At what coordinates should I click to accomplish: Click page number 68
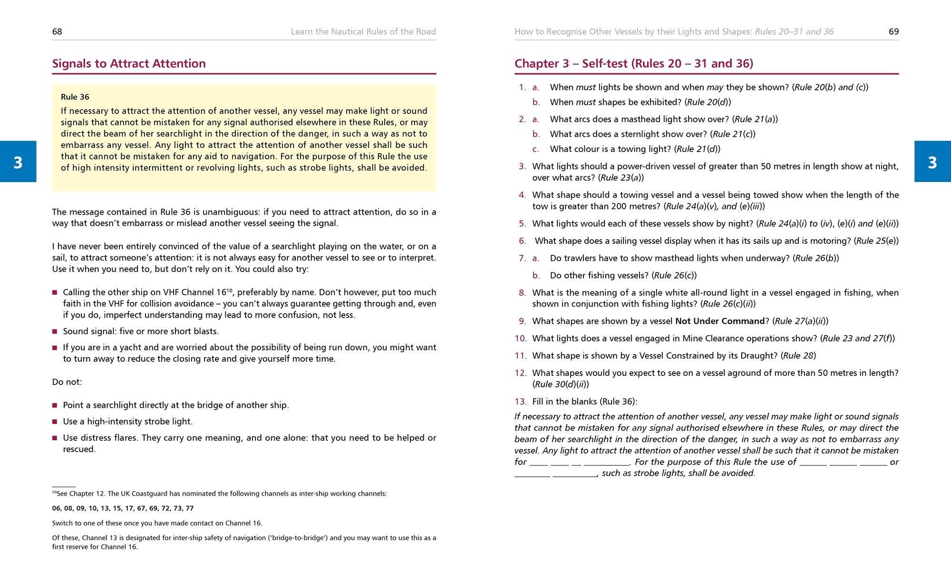coord(57,32)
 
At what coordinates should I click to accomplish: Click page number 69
coord(893,32)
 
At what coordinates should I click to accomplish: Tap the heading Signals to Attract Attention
coord(129,64)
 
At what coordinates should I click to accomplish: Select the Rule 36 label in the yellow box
coord(75,97)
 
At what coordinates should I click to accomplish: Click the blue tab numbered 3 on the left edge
coord(18,162)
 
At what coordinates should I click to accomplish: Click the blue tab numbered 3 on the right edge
coord(932,162)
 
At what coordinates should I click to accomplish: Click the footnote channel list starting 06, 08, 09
coord(123,508)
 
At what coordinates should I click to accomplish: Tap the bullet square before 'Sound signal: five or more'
coord(55,332)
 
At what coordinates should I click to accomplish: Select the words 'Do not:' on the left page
coord(67,382)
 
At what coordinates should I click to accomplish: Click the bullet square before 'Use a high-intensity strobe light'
coord(55,422)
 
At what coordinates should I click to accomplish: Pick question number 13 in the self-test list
coord(520,402)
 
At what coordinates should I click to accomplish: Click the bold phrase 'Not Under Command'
coord(719,321)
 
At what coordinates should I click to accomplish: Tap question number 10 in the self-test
coord(520,338)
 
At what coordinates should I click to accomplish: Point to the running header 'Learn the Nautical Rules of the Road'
coord(363,32)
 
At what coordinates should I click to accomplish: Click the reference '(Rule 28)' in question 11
coord(798,356)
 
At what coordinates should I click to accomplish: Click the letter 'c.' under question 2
coord(536,149)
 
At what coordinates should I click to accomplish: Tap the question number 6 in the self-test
coord(523,241)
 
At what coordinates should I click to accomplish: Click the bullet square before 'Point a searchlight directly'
coord(55,405)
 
